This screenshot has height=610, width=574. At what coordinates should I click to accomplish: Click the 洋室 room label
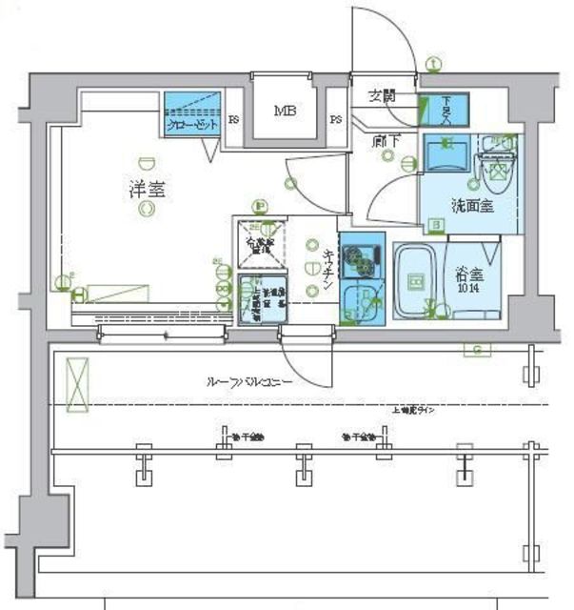147,188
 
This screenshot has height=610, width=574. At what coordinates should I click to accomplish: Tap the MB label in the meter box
285,112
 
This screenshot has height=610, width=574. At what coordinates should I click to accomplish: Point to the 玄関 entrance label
383,96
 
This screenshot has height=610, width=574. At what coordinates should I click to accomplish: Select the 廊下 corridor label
385,142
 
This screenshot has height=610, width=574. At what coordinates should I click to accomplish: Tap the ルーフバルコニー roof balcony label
249,381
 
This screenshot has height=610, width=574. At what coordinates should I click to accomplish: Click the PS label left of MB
234,119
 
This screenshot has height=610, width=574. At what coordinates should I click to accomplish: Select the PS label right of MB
336,119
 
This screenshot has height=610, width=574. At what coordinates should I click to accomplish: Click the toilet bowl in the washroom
496,173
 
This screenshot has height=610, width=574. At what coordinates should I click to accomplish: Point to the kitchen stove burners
362,255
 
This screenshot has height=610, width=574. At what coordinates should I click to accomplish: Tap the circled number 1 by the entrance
434,65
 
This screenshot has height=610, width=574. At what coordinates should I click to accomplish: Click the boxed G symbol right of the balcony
476,350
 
